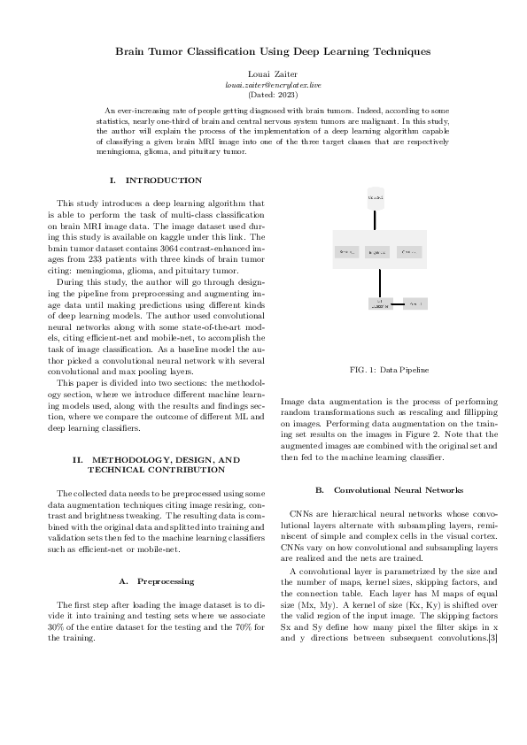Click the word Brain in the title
134,52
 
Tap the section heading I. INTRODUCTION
154,180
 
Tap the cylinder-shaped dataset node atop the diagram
377,196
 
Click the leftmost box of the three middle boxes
348,253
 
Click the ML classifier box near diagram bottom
379,303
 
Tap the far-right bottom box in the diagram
415,303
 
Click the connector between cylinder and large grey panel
378,219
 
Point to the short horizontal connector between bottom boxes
398,303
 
